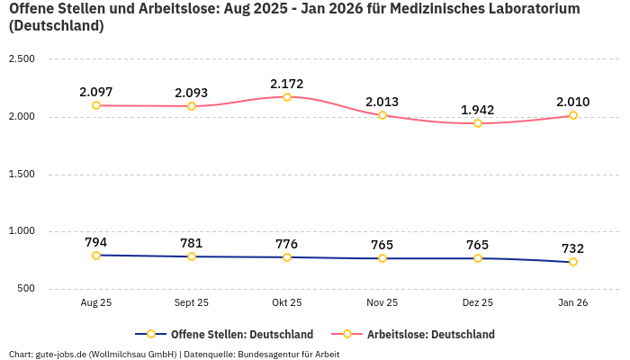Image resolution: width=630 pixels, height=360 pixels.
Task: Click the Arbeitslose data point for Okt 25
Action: (x=287, y=97)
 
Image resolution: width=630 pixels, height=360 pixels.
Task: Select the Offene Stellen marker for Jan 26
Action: (x=573, y=262)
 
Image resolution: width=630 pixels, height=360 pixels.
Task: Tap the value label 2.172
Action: (x=287, y=84)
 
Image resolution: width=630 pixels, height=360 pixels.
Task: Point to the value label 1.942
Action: (x=478, y=110)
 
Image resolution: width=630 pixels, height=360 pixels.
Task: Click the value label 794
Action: (x=96, y=242)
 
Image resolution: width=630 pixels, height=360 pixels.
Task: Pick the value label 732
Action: (x=573, y=248)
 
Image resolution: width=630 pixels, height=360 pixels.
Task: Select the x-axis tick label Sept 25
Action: (x=192, y=303)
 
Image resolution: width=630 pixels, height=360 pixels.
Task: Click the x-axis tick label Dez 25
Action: (x=478, y=303)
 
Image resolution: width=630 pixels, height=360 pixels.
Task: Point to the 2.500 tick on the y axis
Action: (x=21, y=59)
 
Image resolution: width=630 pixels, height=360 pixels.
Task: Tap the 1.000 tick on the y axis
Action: (x=21, y=231)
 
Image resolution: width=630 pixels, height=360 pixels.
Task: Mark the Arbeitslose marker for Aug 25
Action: (x=96, y=105)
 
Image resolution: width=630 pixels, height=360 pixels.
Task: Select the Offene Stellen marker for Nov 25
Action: (x=382, y=258)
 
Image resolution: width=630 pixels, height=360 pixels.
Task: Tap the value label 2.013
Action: (x=382, y=102)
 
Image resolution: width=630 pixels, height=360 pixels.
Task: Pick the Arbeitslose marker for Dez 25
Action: (x=478, y=123)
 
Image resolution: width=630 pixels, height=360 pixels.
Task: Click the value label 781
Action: (x=192, y=243)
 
